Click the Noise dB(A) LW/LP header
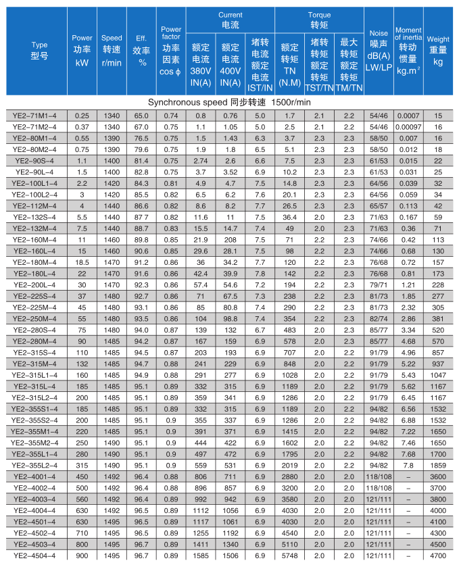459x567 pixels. coord(377,51)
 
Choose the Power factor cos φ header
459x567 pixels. coord(171,51)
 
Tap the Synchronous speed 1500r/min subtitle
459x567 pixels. coord(229,101)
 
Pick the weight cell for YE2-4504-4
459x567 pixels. coord(438,556)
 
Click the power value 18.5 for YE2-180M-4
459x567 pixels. coord(82,262)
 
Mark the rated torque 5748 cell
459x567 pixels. coord(289,556)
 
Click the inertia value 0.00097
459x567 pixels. coord(408,127)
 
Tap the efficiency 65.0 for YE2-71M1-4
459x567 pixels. coord(142,116)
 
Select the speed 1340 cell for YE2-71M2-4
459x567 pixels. coord(112,127)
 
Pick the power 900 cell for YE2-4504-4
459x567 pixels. coord(82,556)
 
